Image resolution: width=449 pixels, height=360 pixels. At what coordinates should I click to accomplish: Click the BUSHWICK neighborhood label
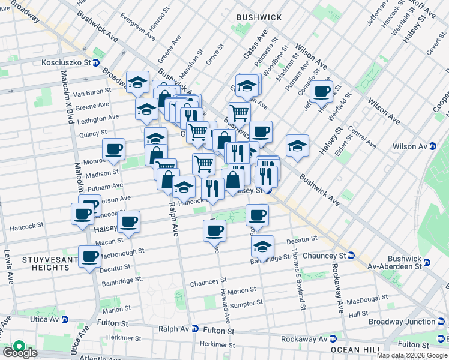pyautogui.click(x=259, y=17)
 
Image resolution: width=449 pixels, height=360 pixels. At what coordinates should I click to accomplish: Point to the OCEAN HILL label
pyautogui.click(x=354, y=350)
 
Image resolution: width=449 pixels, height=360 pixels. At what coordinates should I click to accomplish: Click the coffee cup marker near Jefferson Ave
pyautogui.click(x=322, y=91)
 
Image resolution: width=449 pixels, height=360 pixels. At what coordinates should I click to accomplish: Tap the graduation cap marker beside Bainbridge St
pyautogui.click(x=262, y=247)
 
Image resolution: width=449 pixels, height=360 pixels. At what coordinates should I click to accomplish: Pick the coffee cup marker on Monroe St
pyautogui.click(x=113, y=149)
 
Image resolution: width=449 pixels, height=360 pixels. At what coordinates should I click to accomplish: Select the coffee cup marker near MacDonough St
pyautogui.click(x=90, y=257)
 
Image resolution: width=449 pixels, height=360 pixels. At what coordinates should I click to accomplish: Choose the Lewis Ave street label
pyautogui.click(x=8, y=266)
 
